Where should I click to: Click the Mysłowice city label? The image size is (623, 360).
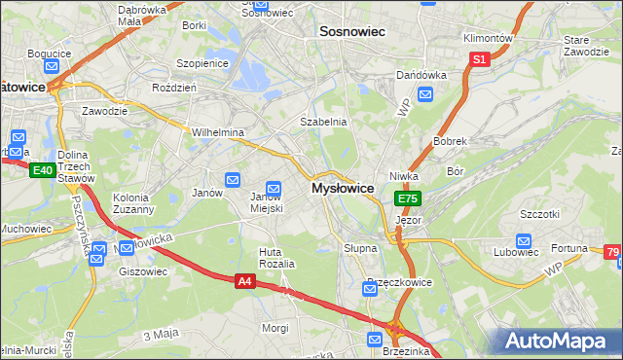point(343,188)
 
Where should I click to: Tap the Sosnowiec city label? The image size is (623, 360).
point(352,32)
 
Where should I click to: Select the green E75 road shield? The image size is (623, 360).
point(407,198)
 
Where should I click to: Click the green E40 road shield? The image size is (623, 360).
point(41,170)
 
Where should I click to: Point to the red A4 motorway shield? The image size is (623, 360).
point(246,281)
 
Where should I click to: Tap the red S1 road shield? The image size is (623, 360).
point(478,59)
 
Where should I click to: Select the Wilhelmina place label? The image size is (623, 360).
point(217,132)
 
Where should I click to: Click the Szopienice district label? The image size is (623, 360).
point(202,63)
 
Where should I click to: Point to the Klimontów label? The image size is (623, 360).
point(487,38)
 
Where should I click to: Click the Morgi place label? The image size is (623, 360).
point(275,328)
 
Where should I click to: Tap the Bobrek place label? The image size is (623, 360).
point(451,141)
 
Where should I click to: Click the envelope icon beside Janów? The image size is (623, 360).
point(233,179)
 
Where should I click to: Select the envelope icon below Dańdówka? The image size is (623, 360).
point(425,94)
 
